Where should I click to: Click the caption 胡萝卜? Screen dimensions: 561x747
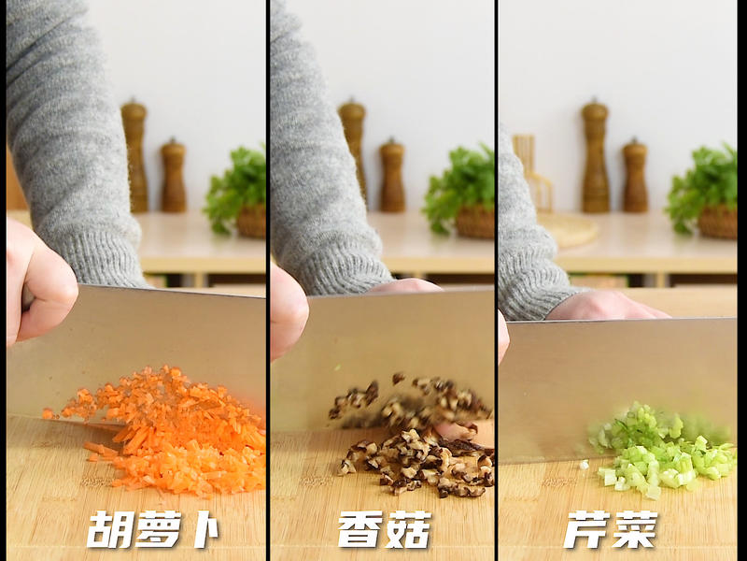[x=153, y=530]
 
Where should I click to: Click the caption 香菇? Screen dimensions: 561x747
[x=384, y=530]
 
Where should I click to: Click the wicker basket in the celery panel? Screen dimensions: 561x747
[x=717, y=222]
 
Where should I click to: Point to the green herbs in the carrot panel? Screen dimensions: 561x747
[x=238, y=182]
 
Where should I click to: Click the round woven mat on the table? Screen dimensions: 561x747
[x=568, y=229]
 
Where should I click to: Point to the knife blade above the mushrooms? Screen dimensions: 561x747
[x=383, y=351]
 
